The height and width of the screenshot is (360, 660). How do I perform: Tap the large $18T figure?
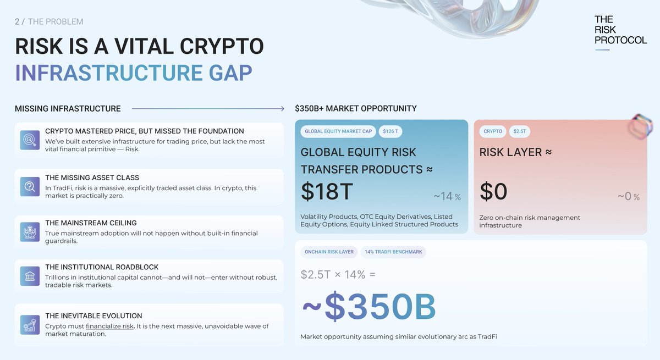327,192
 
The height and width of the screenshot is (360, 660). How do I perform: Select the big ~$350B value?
369,307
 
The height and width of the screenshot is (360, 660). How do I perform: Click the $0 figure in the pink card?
493,192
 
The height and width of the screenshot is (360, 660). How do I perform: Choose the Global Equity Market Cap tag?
338,131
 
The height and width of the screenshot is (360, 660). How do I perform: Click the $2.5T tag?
520,131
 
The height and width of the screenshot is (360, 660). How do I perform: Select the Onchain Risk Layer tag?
329,252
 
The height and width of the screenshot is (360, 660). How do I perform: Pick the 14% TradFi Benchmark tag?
393,252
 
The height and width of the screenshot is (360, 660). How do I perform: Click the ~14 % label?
447,197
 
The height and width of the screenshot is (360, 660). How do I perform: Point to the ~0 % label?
628,197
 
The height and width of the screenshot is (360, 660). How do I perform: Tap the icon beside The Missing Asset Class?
29,186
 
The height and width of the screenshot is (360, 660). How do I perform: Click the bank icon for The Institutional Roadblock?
29,276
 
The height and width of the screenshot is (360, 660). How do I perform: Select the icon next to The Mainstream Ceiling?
29,231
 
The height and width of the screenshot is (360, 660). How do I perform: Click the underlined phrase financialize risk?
109,326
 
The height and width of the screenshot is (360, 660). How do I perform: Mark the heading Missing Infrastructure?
68,109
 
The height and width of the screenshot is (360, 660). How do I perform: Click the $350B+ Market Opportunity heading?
355,109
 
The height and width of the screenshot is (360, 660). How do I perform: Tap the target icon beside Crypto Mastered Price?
29,140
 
